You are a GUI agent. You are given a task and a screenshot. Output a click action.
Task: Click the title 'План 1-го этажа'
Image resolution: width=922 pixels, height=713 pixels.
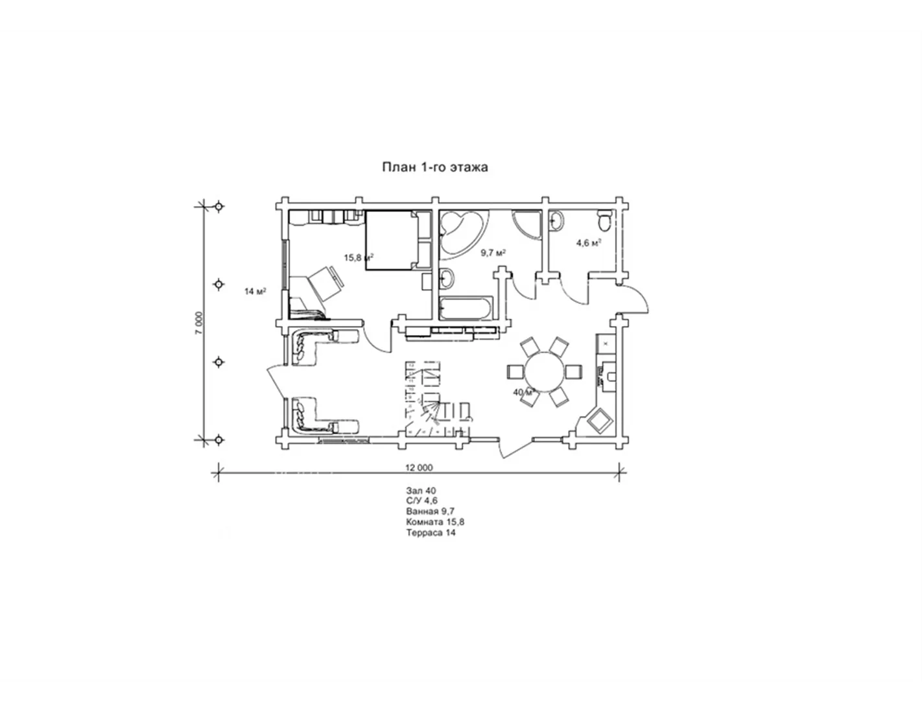pyautogui.click(x=435, y=167)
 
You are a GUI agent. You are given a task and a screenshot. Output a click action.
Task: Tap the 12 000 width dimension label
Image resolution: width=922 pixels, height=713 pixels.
pyautogui.click(x=420, y=467)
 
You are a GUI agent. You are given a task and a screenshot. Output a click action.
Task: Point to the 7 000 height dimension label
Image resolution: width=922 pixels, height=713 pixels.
pyautogui.click(x=199, y=323)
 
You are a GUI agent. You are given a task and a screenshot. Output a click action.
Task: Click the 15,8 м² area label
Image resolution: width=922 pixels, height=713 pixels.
pyautogui.click(x=359, y=257)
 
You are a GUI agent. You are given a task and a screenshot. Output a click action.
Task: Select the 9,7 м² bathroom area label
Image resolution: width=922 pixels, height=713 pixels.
pyautogui.click(x=493, y=253)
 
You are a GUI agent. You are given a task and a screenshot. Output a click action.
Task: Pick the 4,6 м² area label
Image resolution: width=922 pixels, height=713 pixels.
pyautogui.click(x=589, y=243)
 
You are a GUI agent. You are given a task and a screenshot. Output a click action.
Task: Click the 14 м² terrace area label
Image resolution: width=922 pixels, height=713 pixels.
pyautogui.click(x=255, y=292)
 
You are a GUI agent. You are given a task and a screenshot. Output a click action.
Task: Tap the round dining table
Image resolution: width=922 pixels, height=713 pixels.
pyautogui.click(x=545, y=373)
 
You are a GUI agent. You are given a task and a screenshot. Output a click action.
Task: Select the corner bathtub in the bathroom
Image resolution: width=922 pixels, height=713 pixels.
pyautogui.click(x=461, y=235)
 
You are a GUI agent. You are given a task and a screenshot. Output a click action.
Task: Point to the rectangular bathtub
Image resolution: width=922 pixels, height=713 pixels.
pyautogui.click(x=466, y=309)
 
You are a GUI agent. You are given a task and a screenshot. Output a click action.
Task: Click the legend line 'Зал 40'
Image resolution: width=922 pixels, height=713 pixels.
pyautogui.click(x=421, y=491)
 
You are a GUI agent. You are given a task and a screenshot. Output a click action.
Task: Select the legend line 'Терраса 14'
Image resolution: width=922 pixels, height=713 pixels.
pyautogui.click(x=431, y=533)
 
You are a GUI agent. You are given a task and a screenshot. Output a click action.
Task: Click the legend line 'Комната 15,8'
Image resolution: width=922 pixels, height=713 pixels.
pyautogui.click(x=435, y=522)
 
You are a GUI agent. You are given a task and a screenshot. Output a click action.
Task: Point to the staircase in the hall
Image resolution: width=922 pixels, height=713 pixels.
pyautogui.click(x=437, y=400)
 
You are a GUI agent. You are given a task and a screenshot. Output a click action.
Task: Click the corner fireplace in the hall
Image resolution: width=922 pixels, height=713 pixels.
pyautogui.click(x=596, y=423)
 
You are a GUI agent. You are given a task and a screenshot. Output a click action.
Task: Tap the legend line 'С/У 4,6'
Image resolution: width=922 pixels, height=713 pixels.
pyautogui.click(x=421, y=501)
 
